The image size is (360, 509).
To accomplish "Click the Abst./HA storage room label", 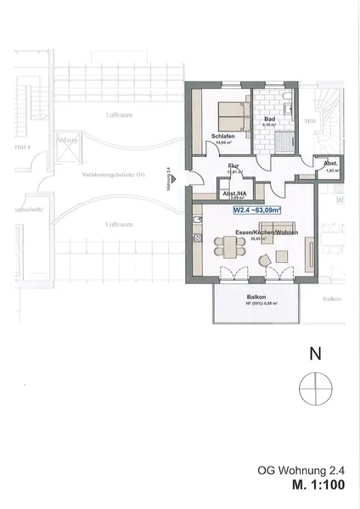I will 234,193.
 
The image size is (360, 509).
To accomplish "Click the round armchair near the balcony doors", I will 267,258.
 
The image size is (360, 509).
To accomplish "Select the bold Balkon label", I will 256,296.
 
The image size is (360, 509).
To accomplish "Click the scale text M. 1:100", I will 321,487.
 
